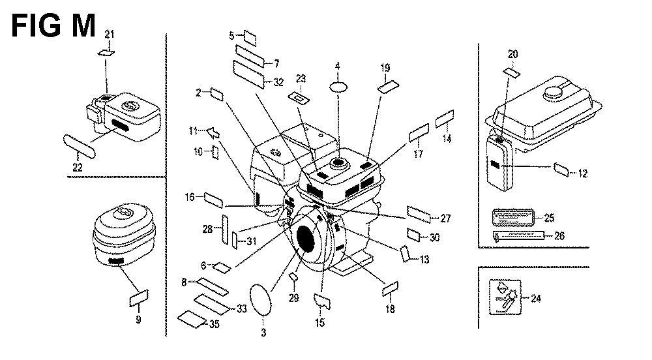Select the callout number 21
(x=109, y=34)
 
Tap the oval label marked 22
(x=80, y=144)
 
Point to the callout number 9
(x=138, y=320)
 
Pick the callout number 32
(x=278, y=82)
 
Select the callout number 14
(x=447, y=139)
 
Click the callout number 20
(x=512, y=54)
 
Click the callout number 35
(x=214, y=324)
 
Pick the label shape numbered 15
(x=321, y=301)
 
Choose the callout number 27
(x=445, y=218)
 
